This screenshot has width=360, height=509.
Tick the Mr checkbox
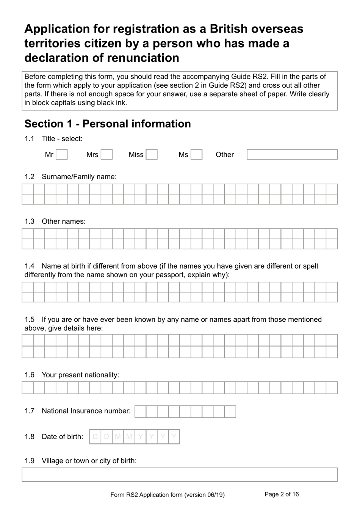[62, 154]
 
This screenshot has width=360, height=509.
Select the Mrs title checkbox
[106, 154]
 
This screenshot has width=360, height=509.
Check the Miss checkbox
[152, 154]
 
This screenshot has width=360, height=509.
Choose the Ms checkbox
[196, 154]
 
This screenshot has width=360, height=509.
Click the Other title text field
[292, 154]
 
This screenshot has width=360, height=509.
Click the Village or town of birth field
[179, 474]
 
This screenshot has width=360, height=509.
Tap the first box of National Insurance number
[140, 412]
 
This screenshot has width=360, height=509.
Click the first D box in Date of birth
[95, 437]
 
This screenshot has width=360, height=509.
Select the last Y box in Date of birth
[174, 437]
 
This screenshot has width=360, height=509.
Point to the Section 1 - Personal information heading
[108, 124]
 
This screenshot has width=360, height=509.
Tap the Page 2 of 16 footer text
[282, 494]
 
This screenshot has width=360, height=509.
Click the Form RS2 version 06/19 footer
[167, 495]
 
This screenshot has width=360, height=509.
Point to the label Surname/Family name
[79, 176]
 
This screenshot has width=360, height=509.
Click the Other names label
[64, 221]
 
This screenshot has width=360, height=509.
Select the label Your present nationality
[80, 375]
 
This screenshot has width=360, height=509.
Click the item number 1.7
[30, 411]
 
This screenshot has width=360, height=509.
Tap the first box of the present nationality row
[28, 388]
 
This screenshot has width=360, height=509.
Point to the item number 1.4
[30, 266]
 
